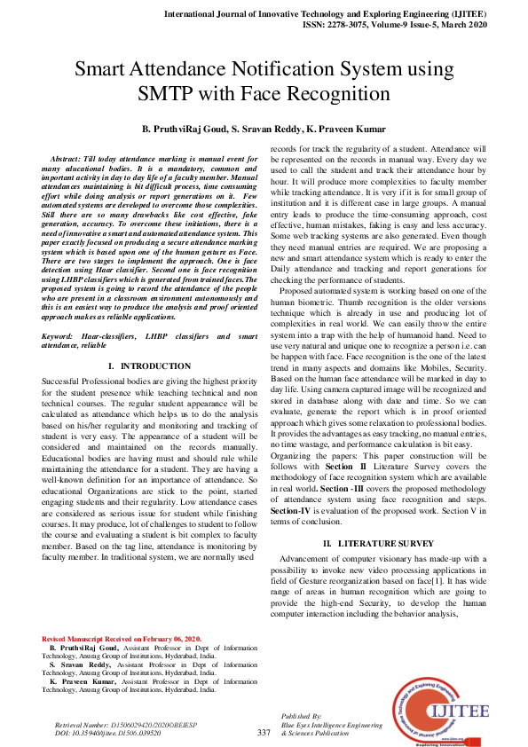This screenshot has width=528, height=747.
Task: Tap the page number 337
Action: [x=264, y=732]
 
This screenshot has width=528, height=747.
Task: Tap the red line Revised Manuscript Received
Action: [x=122, y=639]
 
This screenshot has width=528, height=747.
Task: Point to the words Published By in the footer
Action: [x=301, y=715]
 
